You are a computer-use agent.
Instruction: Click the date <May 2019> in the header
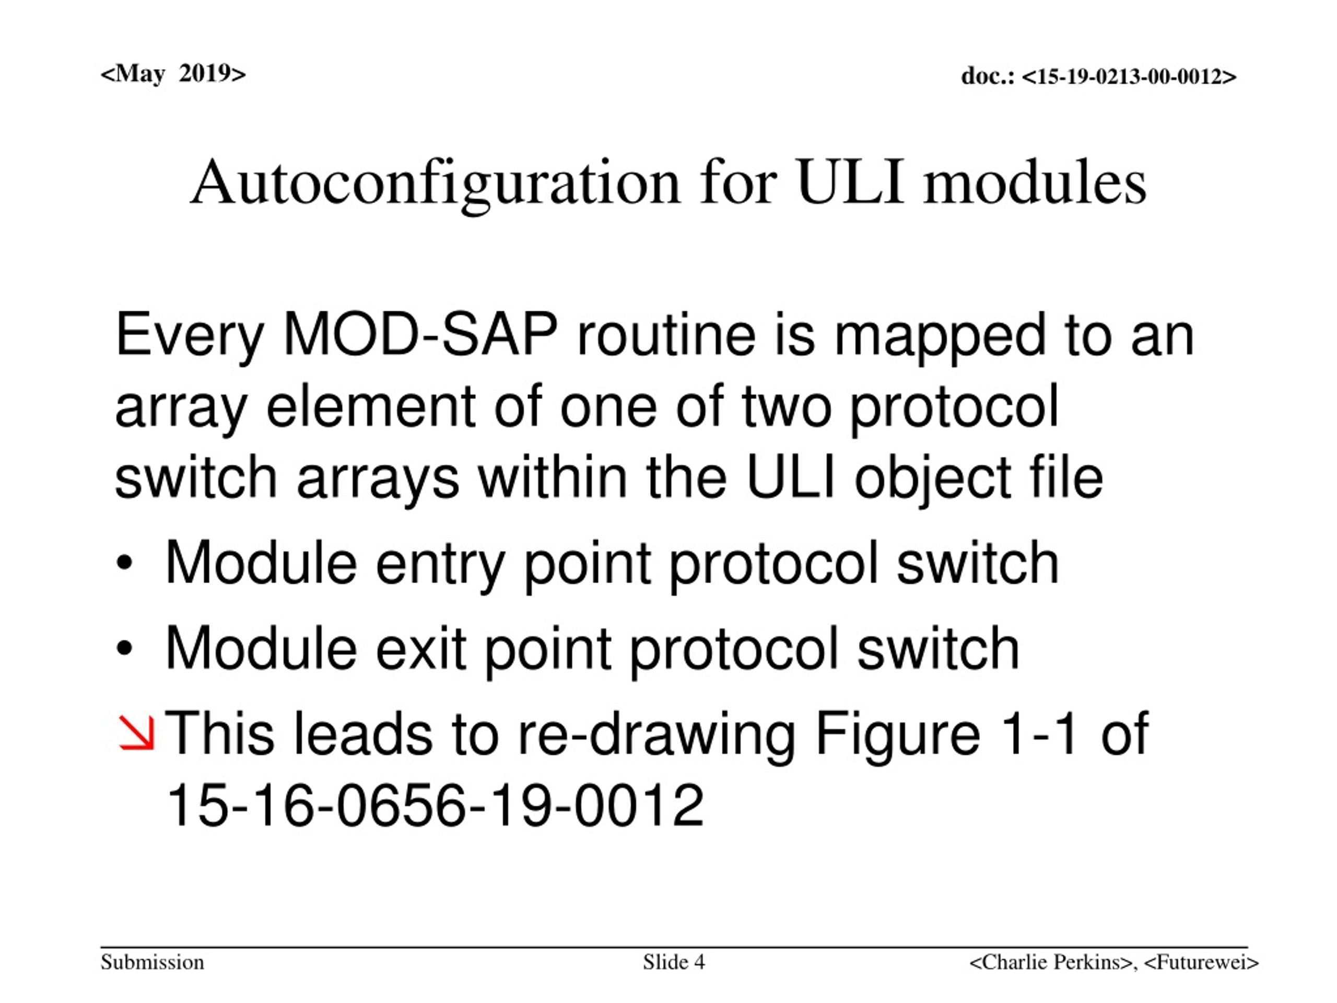(173, 74)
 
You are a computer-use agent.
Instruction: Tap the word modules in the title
(1034, 183)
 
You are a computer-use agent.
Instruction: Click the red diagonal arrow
(137, 734)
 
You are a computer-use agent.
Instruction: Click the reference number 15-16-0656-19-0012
(435, 806)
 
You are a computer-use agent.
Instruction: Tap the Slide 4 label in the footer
(674, 962)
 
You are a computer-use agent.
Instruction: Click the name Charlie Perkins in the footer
(1050, 962)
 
